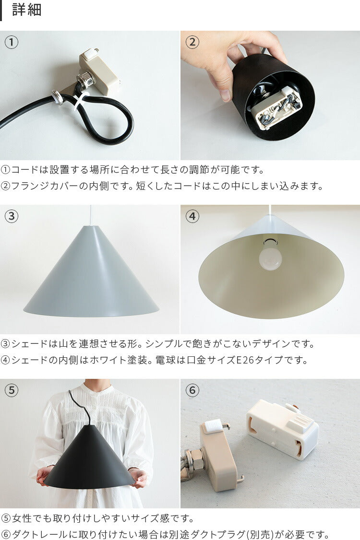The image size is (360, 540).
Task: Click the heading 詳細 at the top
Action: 26,10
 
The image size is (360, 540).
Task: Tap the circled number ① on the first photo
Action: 12,42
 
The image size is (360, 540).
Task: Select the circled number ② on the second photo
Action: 192,42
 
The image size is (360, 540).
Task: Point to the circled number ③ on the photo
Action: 12,216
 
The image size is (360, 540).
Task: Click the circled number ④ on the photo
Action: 192,216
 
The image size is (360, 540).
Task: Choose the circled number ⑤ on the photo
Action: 12,390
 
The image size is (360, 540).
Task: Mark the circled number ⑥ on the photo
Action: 192,390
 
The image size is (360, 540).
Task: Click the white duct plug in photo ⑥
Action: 283,428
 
